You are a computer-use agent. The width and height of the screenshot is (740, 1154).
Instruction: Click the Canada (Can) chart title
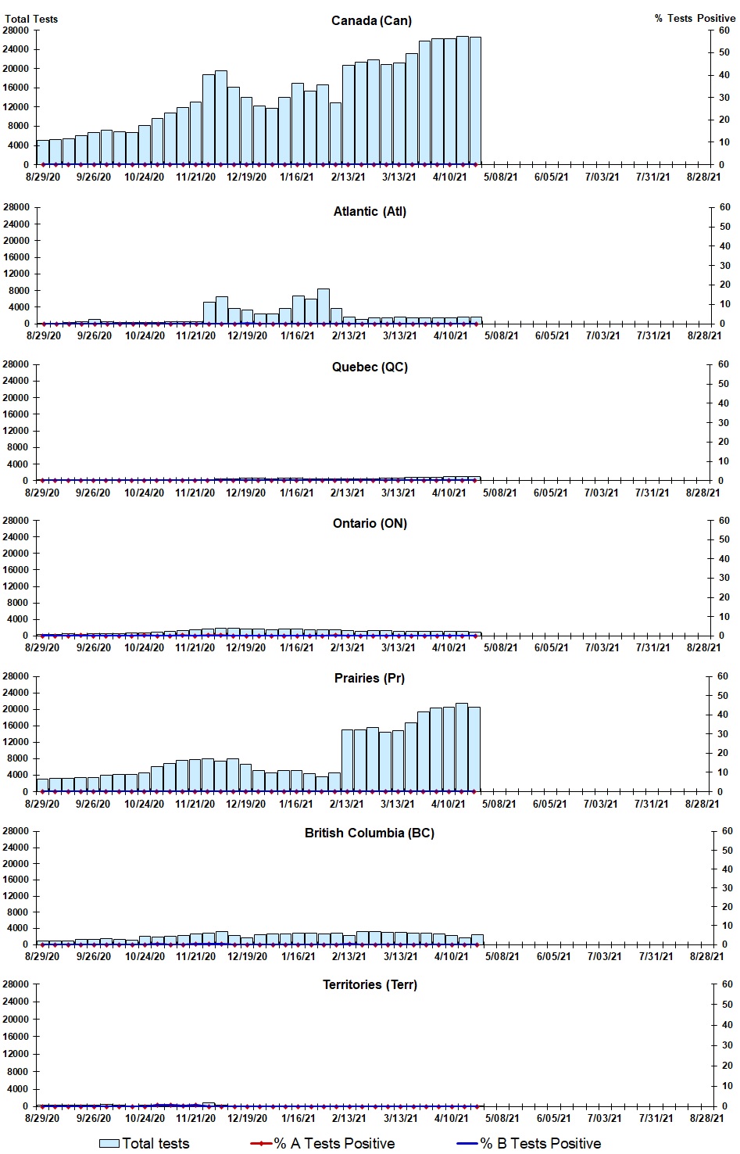pos(371,20)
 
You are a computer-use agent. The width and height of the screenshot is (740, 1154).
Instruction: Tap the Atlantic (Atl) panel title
pos(370,211)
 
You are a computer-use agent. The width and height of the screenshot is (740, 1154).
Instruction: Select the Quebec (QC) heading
pos(370,367)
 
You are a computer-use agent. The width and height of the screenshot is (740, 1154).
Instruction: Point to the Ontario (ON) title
pos(370,523)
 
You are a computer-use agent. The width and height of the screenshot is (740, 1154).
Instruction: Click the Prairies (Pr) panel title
pos(370,678)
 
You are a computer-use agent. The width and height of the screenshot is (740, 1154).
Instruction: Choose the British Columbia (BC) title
pos(370,833)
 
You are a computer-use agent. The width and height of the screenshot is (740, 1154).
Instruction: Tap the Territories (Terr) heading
pos(370,984)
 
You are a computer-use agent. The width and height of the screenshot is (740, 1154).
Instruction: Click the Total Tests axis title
pos(31,19)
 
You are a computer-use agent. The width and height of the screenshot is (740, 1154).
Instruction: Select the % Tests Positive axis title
pos(695,18)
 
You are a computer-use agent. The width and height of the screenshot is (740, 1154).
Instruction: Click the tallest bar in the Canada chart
pos(463,100)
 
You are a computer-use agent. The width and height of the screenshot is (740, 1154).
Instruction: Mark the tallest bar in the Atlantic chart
pos(324,306)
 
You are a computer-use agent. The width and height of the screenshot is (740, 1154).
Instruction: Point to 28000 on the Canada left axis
pos(16,30)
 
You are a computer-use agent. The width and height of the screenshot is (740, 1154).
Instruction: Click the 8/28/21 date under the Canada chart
pos(703,177)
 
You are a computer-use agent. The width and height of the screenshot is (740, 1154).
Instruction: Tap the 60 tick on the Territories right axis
pos(727,984)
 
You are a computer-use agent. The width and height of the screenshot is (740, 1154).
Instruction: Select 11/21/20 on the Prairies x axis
pos(195,804)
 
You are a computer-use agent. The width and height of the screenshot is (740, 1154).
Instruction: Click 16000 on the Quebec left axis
pos(16,414)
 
